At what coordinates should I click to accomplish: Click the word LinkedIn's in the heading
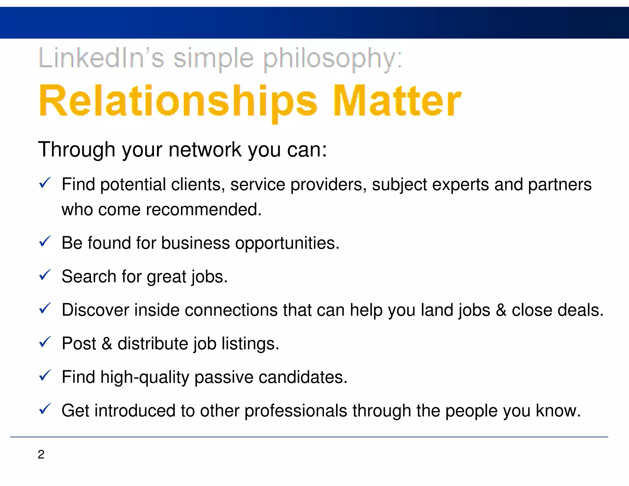pyautogui.click(x=101, y=58)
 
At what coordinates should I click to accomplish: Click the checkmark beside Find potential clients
pyautogui.click(x=45, y=183)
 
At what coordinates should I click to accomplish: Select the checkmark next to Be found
pyautogui.click(x=45, y=241)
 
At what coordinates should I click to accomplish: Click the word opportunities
pyautogui.click(x=287, y=243)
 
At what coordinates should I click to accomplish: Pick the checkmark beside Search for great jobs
pyautogui.click(x=45, y=275)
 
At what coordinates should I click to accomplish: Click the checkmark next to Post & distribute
pyautogui.click(x=45, y=342)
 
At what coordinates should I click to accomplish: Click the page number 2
pyautogui.click(x=41, y=454)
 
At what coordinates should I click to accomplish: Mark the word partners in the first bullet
pyautogui.click(x=559, y=185)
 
